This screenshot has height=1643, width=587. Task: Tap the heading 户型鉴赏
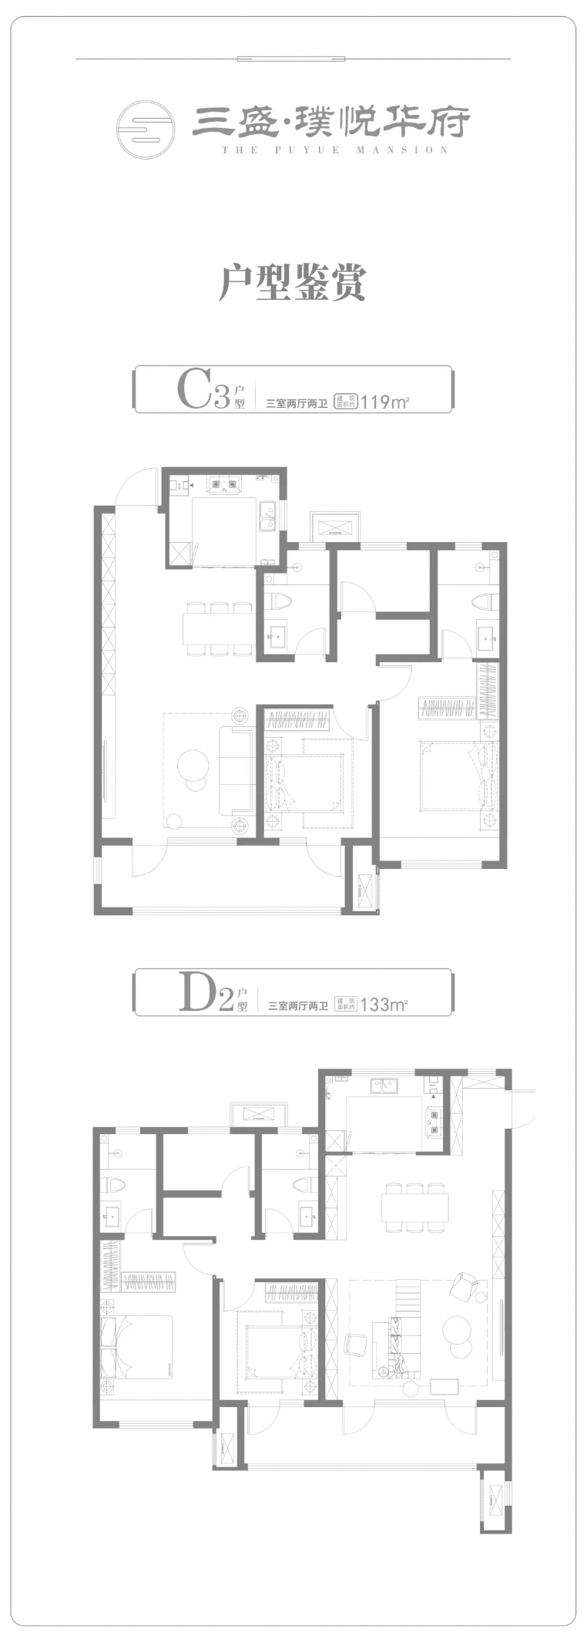(x=293, y=282)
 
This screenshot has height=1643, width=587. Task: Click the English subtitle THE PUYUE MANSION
(x=335, y=150)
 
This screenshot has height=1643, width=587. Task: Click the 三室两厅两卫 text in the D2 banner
(x=297, y=1005)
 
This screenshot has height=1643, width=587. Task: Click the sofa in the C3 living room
(x=236, y=770)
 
